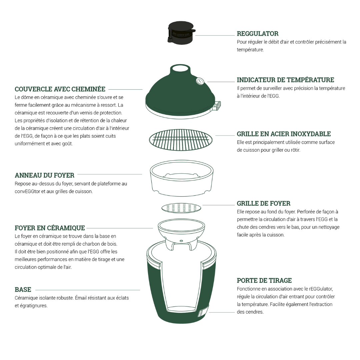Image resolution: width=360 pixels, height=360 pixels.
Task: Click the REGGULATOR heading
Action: coord(258,34)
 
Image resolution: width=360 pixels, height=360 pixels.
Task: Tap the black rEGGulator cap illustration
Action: coord(181,33)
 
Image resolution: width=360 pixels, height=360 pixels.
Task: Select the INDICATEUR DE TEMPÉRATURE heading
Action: coord(285,80)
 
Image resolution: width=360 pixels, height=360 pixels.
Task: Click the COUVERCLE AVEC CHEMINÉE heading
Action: coord(60,89)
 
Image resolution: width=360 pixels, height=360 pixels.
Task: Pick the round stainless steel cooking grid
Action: coord(181,140)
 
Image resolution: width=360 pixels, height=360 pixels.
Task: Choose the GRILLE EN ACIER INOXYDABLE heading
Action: coord(284,134)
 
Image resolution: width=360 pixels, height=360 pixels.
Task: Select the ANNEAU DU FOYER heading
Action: coord(45,175)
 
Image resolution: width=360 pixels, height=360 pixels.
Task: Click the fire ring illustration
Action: coord(181,178)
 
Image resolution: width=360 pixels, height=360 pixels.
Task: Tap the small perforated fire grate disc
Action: coord(181,208)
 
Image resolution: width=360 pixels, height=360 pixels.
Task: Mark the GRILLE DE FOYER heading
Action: coord(264,203)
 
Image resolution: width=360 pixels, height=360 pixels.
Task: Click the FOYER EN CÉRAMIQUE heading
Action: coord(50,228)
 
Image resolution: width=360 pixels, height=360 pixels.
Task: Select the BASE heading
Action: coord(23,290)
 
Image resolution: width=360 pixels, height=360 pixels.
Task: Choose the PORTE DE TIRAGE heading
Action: coord(264,281)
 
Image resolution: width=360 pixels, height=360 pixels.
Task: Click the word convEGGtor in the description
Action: coord(27,191)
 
